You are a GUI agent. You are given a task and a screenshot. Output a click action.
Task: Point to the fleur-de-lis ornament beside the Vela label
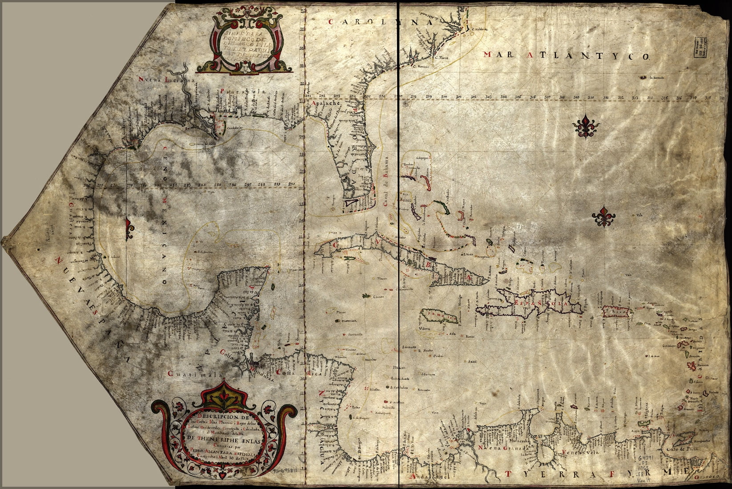[604, 216]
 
